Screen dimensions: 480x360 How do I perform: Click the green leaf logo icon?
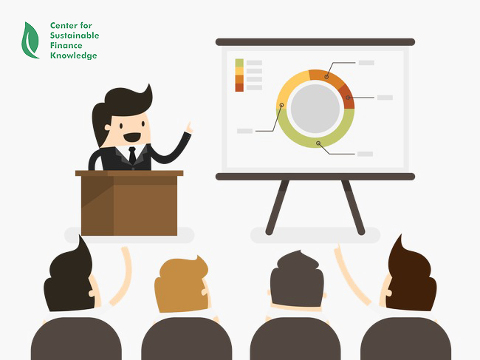[30, 41]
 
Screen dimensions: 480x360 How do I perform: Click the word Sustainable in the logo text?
[75, 35]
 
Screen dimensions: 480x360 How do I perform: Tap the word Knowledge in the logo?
[73, 55]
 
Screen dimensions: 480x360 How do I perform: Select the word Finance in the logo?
[66, 45]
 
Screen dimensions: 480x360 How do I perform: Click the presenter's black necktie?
[132, 155]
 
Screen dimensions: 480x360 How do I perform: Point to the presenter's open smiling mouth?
[132, 137]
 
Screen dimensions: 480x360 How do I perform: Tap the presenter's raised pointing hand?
[190, 127]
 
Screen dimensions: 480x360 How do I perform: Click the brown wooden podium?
[129, 203]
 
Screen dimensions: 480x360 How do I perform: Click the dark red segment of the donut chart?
[348, 97]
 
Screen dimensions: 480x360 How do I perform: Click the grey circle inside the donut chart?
[315, 109]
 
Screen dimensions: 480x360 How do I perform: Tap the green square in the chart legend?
[239, 63]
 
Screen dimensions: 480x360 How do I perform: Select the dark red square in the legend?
[239, 87]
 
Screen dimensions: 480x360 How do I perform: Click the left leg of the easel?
[277, 208]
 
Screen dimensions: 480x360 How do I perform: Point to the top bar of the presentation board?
[315, 42]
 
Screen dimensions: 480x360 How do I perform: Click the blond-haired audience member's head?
[182, 285]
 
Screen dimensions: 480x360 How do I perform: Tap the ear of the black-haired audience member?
[92, 293]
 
